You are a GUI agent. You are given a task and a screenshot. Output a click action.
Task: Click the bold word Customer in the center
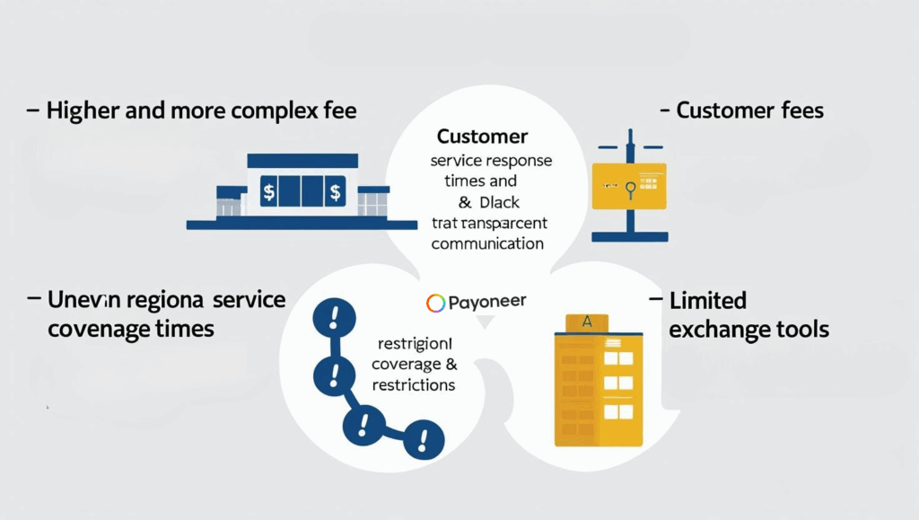pyautogui.click(x=482, y=137)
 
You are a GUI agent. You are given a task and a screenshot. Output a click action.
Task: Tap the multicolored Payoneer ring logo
pyautogui.click(x=435, y=303)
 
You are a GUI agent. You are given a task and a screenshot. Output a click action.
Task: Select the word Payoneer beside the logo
pyautogui.click(x=487, y=302)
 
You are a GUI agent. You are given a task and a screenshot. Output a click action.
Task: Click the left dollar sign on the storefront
pyautogui.click(x=268, y=190)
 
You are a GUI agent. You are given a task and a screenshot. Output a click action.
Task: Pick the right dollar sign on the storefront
pyautogui.click(x=336, y=190)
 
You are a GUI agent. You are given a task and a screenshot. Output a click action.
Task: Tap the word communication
pyautogui.click(x=487, y=243)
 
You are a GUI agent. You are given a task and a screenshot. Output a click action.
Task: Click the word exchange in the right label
pyautogui.click(x=713, y=330)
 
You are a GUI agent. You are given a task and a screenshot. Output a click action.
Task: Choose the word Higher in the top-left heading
pyautogui.click(x=82, y=111)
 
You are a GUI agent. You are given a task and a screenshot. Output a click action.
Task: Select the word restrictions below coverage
pyautogui.click(x=414, y=385)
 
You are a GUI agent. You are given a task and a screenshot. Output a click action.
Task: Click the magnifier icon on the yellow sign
pyautogui.click(x=630, y=188)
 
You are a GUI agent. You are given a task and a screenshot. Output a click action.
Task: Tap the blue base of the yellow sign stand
pyautogui.click(x=630, y=237)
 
